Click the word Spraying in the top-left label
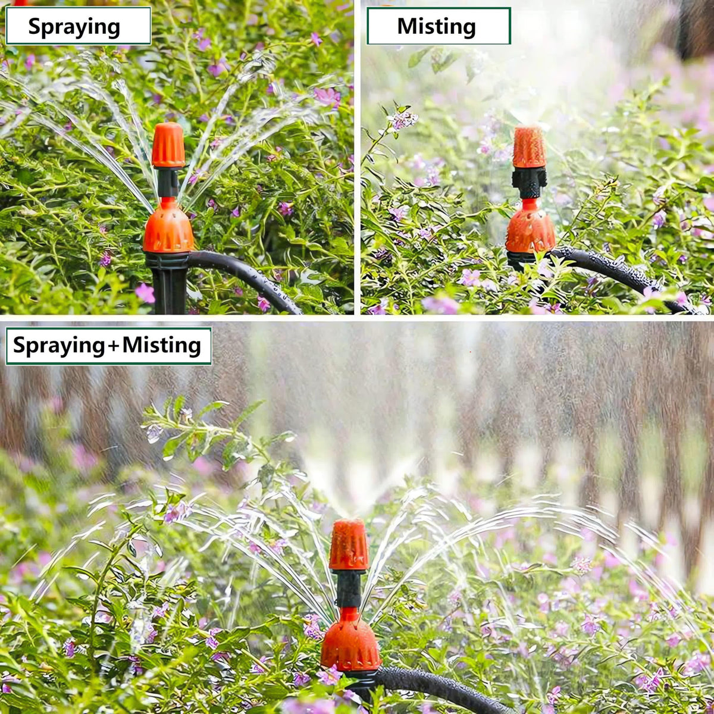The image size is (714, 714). pos(74,27)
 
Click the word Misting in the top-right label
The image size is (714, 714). pos(436,26)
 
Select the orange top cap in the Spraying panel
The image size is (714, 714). pos(168,145)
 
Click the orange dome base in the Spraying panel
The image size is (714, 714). pos(168,226)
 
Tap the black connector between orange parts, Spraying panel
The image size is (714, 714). pos(168,183)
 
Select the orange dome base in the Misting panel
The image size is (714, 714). pos(530,227)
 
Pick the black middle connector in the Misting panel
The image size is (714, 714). pos(530,183)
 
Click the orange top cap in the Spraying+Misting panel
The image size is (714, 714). pos(349,544)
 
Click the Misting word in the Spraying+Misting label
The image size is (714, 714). pos(162,345)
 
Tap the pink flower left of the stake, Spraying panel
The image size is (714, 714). pos(145,293)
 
